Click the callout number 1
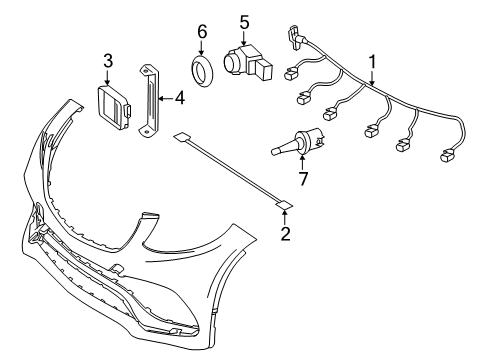372,62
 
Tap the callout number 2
285,234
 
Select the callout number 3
108,61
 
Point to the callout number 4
180,98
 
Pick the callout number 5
244,23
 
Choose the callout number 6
202,32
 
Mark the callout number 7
303,179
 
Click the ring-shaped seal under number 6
201,71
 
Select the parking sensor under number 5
247,62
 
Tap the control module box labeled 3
112,107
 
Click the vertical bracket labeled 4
149,101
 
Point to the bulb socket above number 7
298,142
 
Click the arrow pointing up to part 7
302,163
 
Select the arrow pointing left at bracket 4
166,98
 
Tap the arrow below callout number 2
284,218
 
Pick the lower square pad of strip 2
284,205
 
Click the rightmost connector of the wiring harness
448,156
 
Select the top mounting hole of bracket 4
145,70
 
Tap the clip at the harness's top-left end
294,36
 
